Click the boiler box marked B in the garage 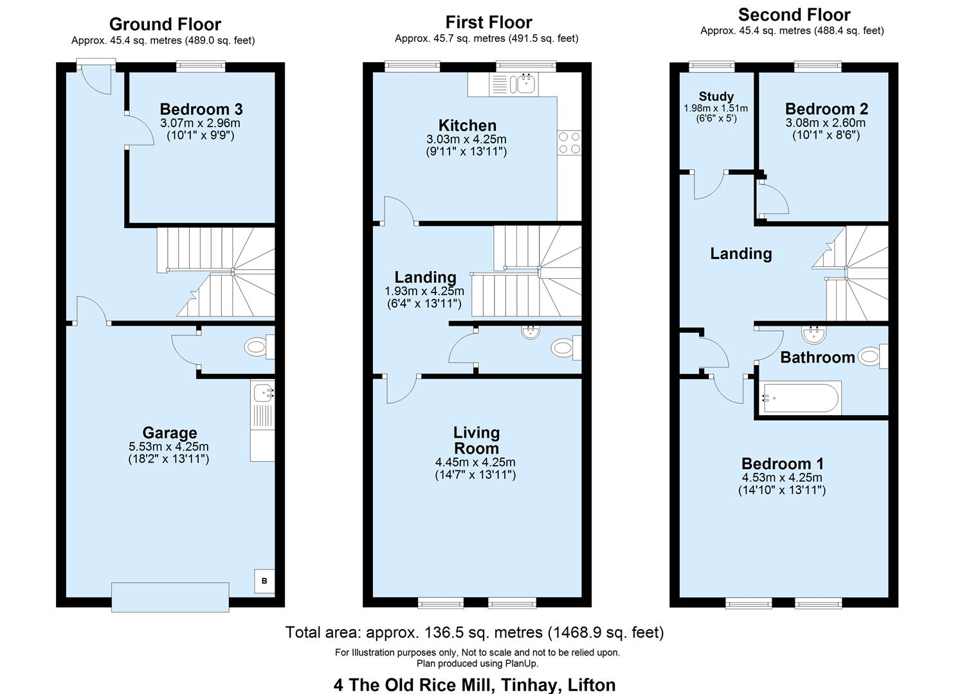click(264, 581)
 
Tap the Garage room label click(169, 432)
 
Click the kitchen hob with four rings click(569, 143)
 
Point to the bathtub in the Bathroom click(799, 399)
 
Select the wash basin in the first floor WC click(531, 332)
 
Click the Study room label click(716, 96)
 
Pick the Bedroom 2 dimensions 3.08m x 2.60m click(825, 123)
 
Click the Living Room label click(476, 440)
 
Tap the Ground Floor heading click(165, 24)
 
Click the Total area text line click(474, 632)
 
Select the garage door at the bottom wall click(170, 596)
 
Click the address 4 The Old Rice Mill click(474, 684)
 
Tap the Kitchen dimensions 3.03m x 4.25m click(466, 139)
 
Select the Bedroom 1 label click(782, 463)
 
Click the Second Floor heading click(794, 15)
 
